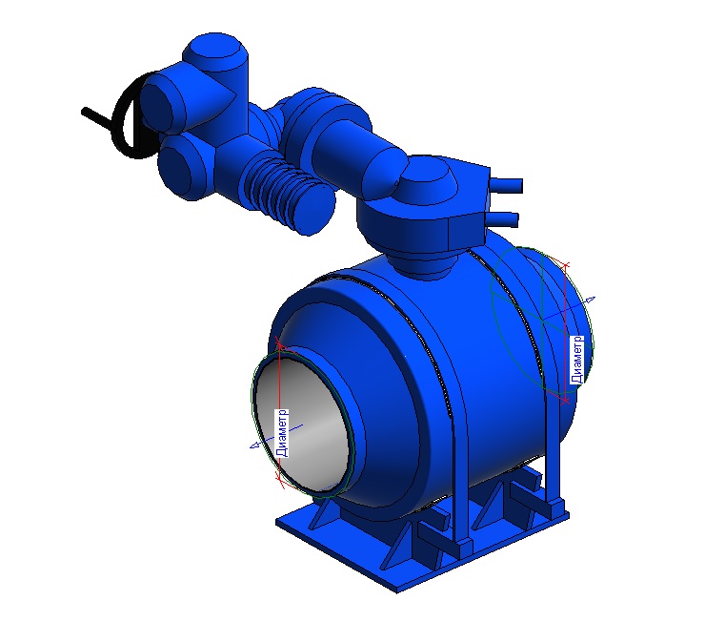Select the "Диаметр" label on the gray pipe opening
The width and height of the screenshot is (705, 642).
pos(282,433)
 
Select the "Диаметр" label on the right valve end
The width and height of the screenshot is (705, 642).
pos(576,360)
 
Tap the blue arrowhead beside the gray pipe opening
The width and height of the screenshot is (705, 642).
pos(255,445)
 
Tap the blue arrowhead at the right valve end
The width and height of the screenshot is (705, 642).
pos(591,300)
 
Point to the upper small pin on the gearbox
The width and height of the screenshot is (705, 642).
pos(506,184)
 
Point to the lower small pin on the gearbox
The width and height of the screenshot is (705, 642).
pos(503,219)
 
